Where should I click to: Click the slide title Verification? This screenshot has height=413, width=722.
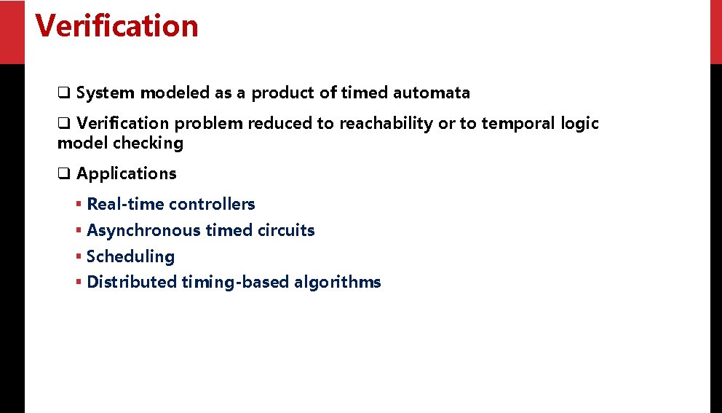click(116, 26)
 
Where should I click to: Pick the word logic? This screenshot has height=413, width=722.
click(579, 125)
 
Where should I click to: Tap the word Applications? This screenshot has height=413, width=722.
click(127, 174)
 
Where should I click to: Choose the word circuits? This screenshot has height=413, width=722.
click(286, 231)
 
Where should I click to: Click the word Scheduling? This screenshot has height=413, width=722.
click(131, 257)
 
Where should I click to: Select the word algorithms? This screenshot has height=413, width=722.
click(338, 283)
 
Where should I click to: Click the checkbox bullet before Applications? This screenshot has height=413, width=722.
click(64, 174)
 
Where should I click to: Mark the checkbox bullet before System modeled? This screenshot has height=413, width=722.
click(64, 93)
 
